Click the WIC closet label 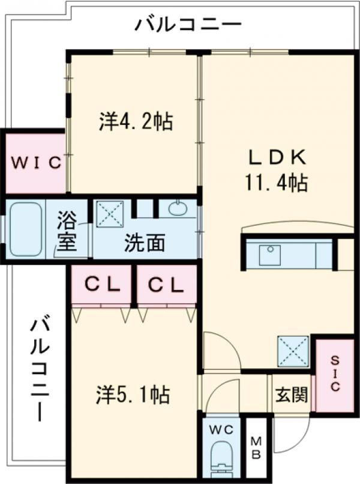[36, 162]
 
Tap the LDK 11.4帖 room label [277, 170]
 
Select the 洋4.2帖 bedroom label [136, 121]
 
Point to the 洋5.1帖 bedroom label [133, 395]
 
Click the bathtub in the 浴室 [25, 229]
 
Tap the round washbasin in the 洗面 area [178, 208]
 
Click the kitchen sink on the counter [270, 255]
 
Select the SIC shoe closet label [335, 374]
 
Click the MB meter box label [256, 448]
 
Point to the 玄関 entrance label [292, 394]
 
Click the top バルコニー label [188, 25]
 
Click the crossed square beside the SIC [293, 351]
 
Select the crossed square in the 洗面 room [110, 214]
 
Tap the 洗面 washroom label [145, 243]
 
